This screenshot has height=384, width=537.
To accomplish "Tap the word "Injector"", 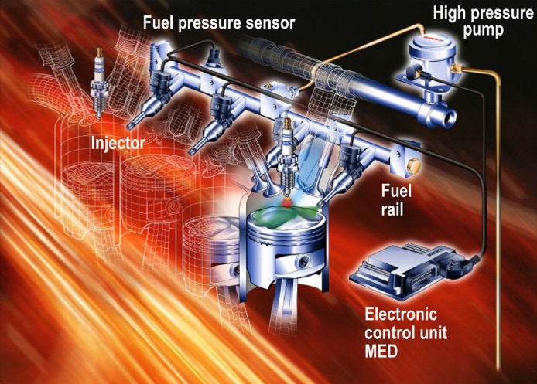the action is point(118,143).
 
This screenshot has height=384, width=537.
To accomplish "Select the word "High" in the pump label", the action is point(450,13).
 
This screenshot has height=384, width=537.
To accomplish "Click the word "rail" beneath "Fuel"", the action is point(392,209).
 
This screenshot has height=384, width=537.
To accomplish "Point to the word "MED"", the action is point(381,351).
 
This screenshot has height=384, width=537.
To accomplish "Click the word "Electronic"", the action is point(401,314).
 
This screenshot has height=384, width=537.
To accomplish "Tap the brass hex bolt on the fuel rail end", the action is point(415,166).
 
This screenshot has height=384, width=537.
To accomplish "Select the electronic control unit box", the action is point(401,270).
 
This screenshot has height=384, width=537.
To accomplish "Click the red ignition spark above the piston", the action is point(287,202).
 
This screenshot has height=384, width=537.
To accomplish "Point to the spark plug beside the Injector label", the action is point(98,83).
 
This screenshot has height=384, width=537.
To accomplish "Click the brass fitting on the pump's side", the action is point(457,69).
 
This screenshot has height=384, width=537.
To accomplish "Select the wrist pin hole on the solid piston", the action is point(303,262).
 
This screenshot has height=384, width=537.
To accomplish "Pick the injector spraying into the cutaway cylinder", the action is point(343,177).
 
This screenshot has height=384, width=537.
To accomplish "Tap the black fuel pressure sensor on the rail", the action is point(213,56).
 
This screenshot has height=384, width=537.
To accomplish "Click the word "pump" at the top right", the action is point(483,31).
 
